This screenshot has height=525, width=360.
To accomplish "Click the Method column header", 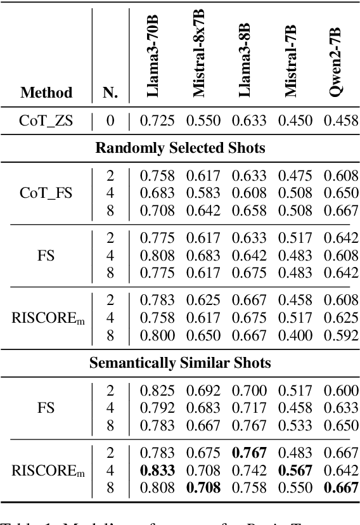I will pos(46,93).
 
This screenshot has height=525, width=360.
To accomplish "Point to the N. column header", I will pos(110,93).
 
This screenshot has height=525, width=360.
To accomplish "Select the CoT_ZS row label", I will pos(46,120).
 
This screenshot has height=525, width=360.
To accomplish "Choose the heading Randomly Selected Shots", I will pos(180,148).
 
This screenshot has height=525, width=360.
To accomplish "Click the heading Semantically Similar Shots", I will pos(180,363).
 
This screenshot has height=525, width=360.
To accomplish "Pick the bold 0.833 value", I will pos(156,471).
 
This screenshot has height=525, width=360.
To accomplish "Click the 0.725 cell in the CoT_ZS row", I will pos(156,120).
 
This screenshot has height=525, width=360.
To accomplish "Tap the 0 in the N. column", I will pos(110,120).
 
